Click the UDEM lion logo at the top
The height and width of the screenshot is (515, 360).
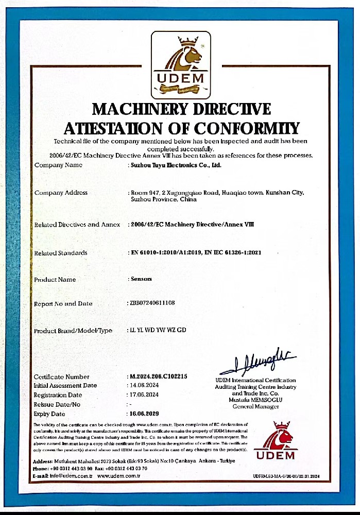[180, 65]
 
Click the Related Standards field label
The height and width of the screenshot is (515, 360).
[61, 253]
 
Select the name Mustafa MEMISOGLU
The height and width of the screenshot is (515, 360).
[255, 400]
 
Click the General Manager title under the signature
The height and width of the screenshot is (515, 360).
[255, 406]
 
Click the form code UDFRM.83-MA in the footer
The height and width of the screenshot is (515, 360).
[270, 476]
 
